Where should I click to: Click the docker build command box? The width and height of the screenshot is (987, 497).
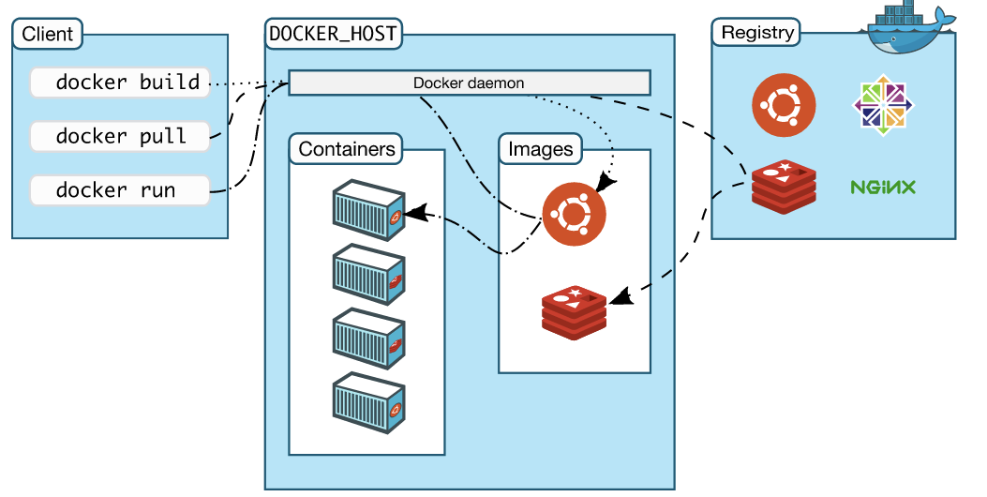pos(119,83)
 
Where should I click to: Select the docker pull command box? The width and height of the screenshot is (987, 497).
pos(119,136)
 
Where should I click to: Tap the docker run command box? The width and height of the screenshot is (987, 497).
pos(119,190)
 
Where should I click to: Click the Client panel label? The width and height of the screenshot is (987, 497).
pos(47,36)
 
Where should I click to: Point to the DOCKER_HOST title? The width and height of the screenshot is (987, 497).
pos(333,35)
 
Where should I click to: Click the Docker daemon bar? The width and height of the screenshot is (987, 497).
pos(469,83)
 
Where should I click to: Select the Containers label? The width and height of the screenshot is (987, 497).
pos(347,148)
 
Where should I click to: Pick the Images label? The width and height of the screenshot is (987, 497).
pos(540,148)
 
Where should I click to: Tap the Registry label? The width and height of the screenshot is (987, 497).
pos(757,33)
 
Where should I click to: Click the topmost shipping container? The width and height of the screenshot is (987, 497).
pos(369,208)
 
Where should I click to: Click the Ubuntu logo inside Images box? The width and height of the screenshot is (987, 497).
pos(574,215)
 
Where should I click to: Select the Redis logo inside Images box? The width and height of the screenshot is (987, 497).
pos(574,309)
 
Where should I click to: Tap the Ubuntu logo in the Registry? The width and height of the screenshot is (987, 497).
pos(784,103)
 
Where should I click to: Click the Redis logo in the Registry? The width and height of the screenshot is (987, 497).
pos(784,186)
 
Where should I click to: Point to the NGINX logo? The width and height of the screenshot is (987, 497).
pos(883,187)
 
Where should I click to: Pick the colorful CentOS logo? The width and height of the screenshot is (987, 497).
pos(883,103)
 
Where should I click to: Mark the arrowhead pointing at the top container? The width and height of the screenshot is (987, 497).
pos(418,214)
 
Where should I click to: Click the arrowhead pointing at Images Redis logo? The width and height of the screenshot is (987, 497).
pos(620,299)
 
